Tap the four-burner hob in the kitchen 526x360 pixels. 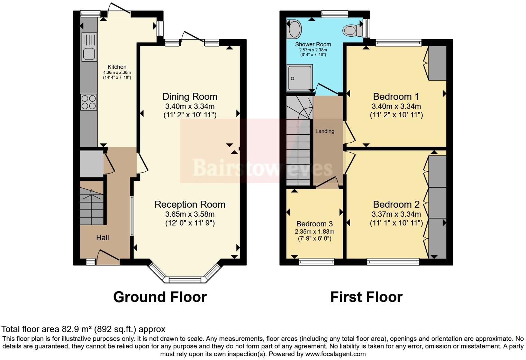coord(89,102)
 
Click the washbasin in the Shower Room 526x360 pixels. coord(294,29)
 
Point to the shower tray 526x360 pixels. coord(299,78)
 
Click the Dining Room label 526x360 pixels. coord(190,97)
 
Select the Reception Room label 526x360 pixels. coord(190,205)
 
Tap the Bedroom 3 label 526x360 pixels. coord(311,224)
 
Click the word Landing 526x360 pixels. coord(325,131)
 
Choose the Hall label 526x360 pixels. coord(102,237)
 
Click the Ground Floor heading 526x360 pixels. coord(160,297)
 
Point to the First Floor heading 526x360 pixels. coord(366,297)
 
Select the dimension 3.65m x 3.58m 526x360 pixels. coord(190,214)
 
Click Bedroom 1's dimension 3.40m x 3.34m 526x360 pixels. coord(396,106)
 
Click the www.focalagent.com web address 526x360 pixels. coord(335,354)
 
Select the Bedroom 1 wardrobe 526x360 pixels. coord(437,63)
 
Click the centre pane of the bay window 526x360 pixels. coord(185,280)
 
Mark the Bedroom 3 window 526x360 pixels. coord(316,262)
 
